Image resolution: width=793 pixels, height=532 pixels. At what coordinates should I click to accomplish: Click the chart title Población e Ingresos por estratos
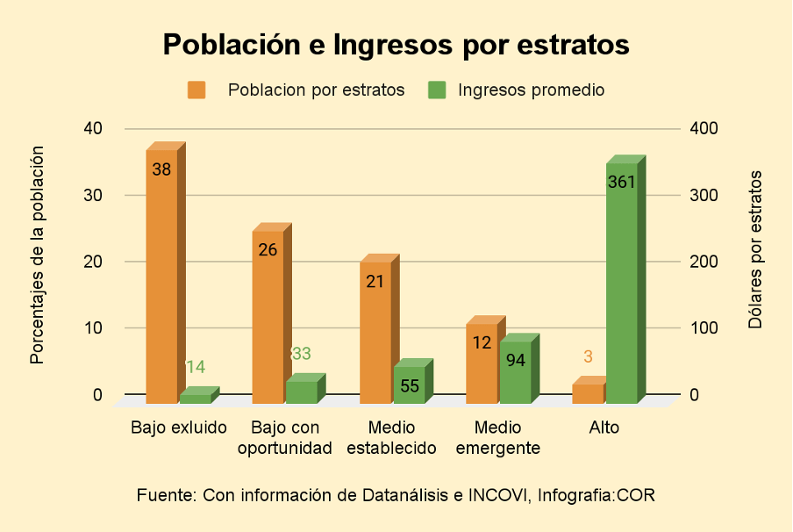click(x=396, y=45)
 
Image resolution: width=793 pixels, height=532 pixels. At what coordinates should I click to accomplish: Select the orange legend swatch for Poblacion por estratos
click(x=196, y=90)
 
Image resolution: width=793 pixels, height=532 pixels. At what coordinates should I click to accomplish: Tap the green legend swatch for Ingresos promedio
click(x=436, y=90)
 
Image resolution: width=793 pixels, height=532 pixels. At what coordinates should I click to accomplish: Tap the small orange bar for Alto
click(x=588, y=393)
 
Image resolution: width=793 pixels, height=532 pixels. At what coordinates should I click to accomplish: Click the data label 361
click(x=621, y=183)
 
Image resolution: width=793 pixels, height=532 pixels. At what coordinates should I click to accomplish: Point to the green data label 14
click(x=195, y=367)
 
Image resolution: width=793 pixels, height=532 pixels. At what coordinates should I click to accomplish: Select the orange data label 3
click(x=588, y=357)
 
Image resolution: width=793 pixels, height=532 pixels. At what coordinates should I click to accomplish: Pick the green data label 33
click(x=301, y=354)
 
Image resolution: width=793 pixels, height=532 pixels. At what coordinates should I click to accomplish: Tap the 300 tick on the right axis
click(x=704, y=195)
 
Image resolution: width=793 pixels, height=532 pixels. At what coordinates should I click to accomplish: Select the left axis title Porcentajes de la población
click(x=37, y=255)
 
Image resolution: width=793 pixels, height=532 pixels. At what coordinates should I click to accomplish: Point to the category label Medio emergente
click(x=497, y=438)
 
